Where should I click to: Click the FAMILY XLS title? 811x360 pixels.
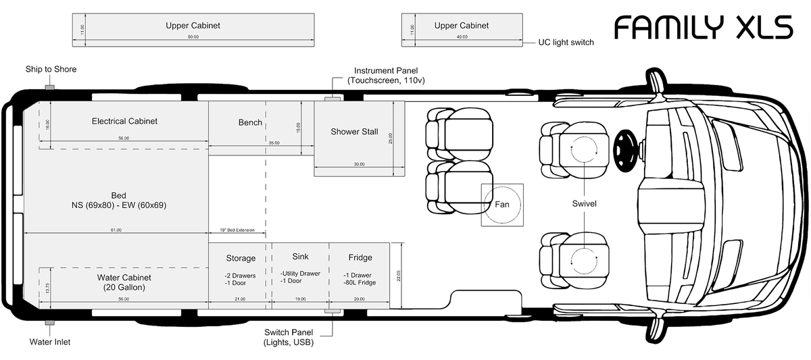(703, 28)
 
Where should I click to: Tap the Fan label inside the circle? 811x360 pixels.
(501, 204)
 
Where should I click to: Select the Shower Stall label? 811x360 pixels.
(354, 132)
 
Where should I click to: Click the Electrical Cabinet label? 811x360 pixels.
(124, 122)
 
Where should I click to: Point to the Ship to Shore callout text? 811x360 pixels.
(51, 70)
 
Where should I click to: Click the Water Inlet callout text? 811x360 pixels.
(50, 342)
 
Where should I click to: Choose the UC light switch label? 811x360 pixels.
(566, 43)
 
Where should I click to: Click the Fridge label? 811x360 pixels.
(360, 257)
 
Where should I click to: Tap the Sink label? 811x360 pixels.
(300, 257)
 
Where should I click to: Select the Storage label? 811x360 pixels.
(241, 258)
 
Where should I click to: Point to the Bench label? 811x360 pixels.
(250, 123)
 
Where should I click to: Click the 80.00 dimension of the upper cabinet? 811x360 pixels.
(193, 37)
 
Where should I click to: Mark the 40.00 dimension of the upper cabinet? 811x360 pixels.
(461, 37)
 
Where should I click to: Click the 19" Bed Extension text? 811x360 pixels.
(237, 230)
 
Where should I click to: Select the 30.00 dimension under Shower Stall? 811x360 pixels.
(359, 164)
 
